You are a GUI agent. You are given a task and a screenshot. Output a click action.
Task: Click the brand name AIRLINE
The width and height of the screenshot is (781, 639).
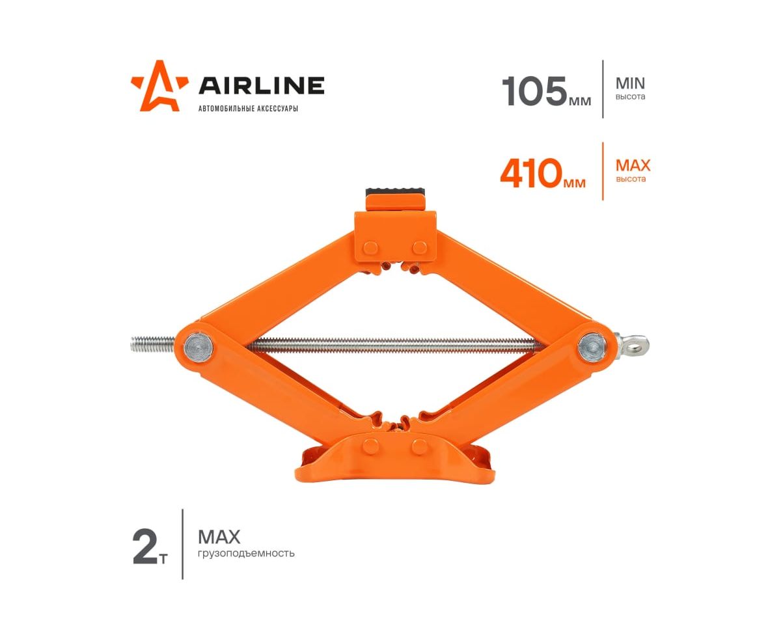[262, 85]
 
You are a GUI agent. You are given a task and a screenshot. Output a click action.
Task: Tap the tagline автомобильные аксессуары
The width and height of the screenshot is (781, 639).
[248, 109]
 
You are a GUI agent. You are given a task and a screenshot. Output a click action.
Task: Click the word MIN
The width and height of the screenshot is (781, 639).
[630, 83]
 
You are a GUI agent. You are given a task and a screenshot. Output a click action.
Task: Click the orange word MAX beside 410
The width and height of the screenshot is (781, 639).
[633, 165]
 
